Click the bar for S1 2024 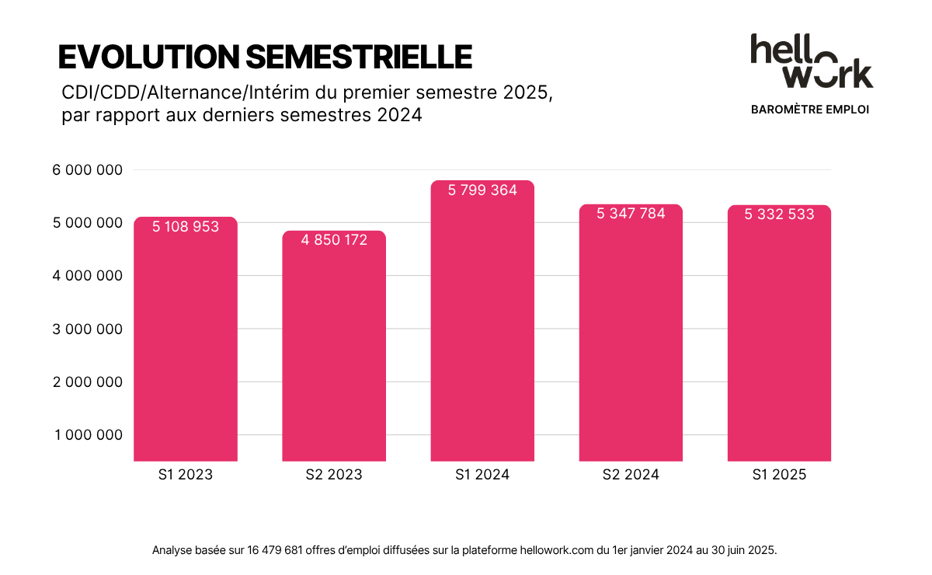(482, 326)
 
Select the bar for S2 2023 (334, 350)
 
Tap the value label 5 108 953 (186, 227)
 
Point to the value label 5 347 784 (631, 214)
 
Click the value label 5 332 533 (779, 214)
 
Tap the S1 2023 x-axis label (186, 475)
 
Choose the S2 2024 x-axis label (631, 475)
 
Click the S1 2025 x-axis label (779, 475)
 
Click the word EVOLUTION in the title (148, 57)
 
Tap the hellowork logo (811, 61)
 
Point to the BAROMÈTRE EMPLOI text (810, 110)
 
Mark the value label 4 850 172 (334, 240)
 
